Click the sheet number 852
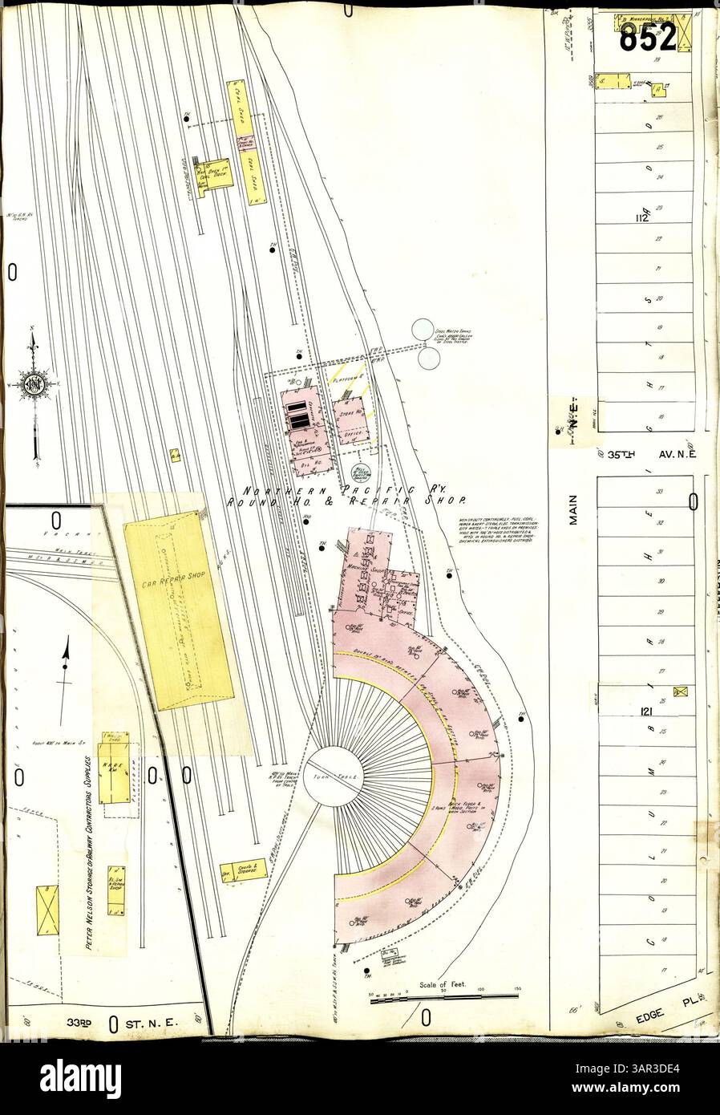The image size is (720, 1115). [x=647, y=33]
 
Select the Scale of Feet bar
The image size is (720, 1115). [x=444, y=998]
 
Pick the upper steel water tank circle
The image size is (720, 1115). [x=423, y=330]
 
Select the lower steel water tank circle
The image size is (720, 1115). [x=429, y=360]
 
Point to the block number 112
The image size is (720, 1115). [x=640, y=218]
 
